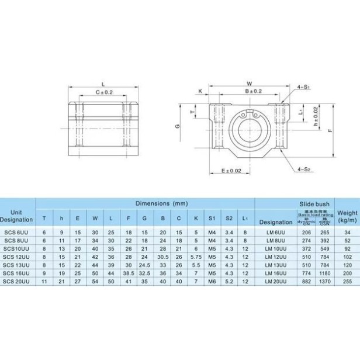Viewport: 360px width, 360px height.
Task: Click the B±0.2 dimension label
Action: coord(252,92)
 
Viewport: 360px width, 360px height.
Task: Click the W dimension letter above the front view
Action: coord(249,83)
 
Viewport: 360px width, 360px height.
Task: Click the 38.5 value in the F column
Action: coord(129,273)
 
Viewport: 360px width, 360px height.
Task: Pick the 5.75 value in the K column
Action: coord(195,256)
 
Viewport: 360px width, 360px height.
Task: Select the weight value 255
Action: coord(347,281)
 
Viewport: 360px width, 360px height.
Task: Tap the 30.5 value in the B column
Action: coord(162,256)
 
